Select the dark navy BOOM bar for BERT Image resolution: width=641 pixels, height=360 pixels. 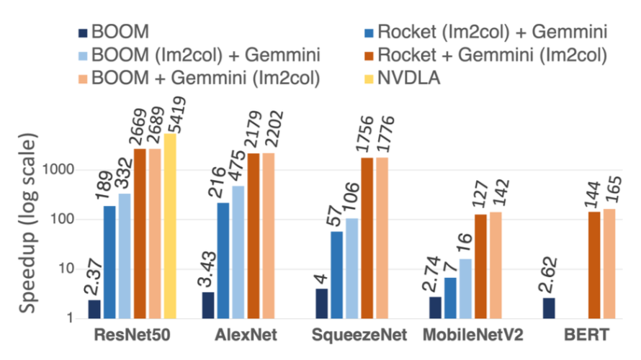click(x=549, y=307)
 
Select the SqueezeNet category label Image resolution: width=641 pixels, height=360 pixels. click(x=359, y=336)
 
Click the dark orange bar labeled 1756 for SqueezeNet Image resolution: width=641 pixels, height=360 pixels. click(x=367, y=238)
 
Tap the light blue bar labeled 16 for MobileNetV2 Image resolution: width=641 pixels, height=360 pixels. click(x=465, y=288)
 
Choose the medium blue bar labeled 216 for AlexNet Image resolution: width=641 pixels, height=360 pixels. click(x=223, y=260)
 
